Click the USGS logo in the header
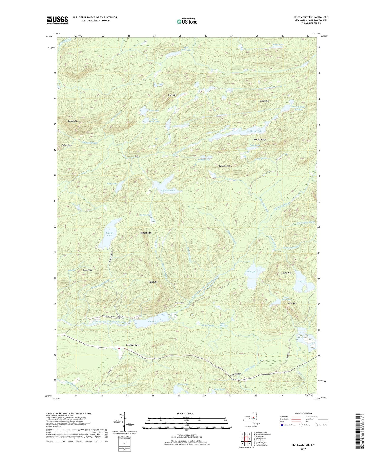(57, 20)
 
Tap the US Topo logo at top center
(186, 21)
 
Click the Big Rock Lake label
(168, 191)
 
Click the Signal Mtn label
(153, 282)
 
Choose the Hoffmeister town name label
(133, 345)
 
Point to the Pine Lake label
(251, 272)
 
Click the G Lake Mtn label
(286, 273)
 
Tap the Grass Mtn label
(264, 101)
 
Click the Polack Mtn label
(67, 145)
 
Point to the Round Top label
(87, 270)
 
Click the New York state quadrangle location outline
(251, 419)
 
